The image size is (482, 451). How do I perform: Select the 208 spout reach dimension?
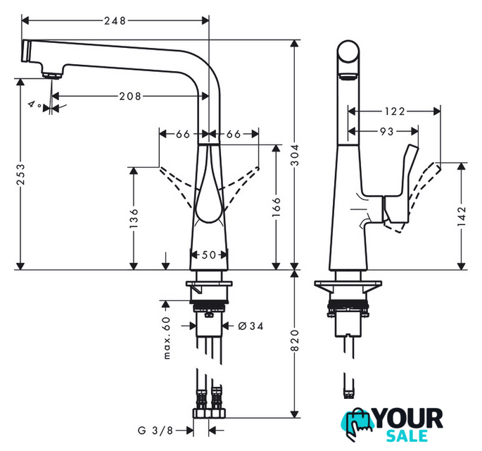130,96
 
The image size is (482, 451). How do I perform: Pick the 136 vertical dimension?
133,220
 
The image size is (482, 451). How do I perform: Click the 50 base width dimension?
208,255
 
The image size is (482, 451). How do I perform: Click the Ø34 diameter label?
250,326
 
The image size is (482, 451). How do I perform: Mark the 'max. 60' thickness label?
167,338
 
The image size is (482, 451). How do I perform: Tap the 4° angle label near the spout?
32,104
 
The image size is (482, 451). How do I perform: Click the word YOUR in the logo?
411,417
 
